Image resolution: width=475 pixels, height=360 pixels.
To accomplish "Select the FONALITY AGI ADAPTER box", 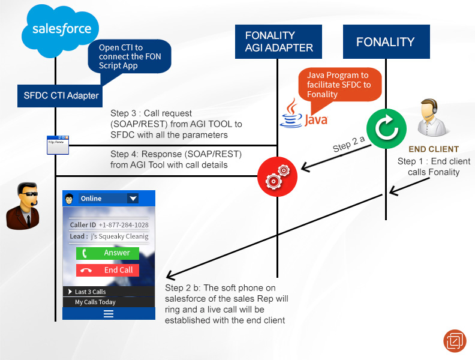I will [278, 41].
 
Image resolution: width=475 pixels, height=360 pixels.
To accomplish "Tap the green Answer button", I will [107, 253].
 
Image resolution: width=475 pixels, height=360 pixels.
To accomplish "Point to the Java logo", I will [304, 113].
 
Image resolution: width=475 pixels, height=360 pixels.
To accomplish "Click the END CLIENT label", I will [434, 149].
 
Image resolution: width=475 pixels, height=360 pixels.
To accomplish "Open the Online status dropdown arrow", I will [133, 199].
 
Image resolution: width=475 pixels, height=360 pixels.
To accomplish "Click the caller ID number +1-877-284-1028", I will [124, 225].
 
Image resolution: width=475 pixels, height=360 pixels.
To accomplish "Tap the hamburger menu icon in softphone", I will [109, 313].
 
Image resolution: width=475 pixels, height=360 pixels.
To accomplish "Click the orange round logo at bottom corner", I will [455, 340].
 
